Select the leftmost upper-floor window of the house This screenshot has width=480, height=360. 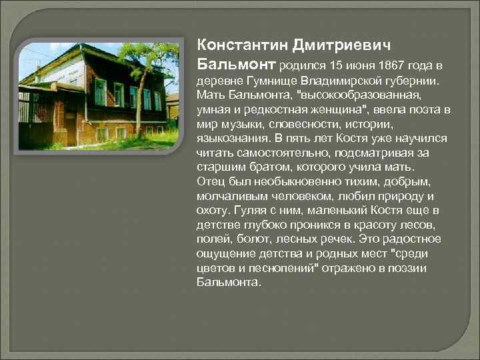point(100,92)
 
